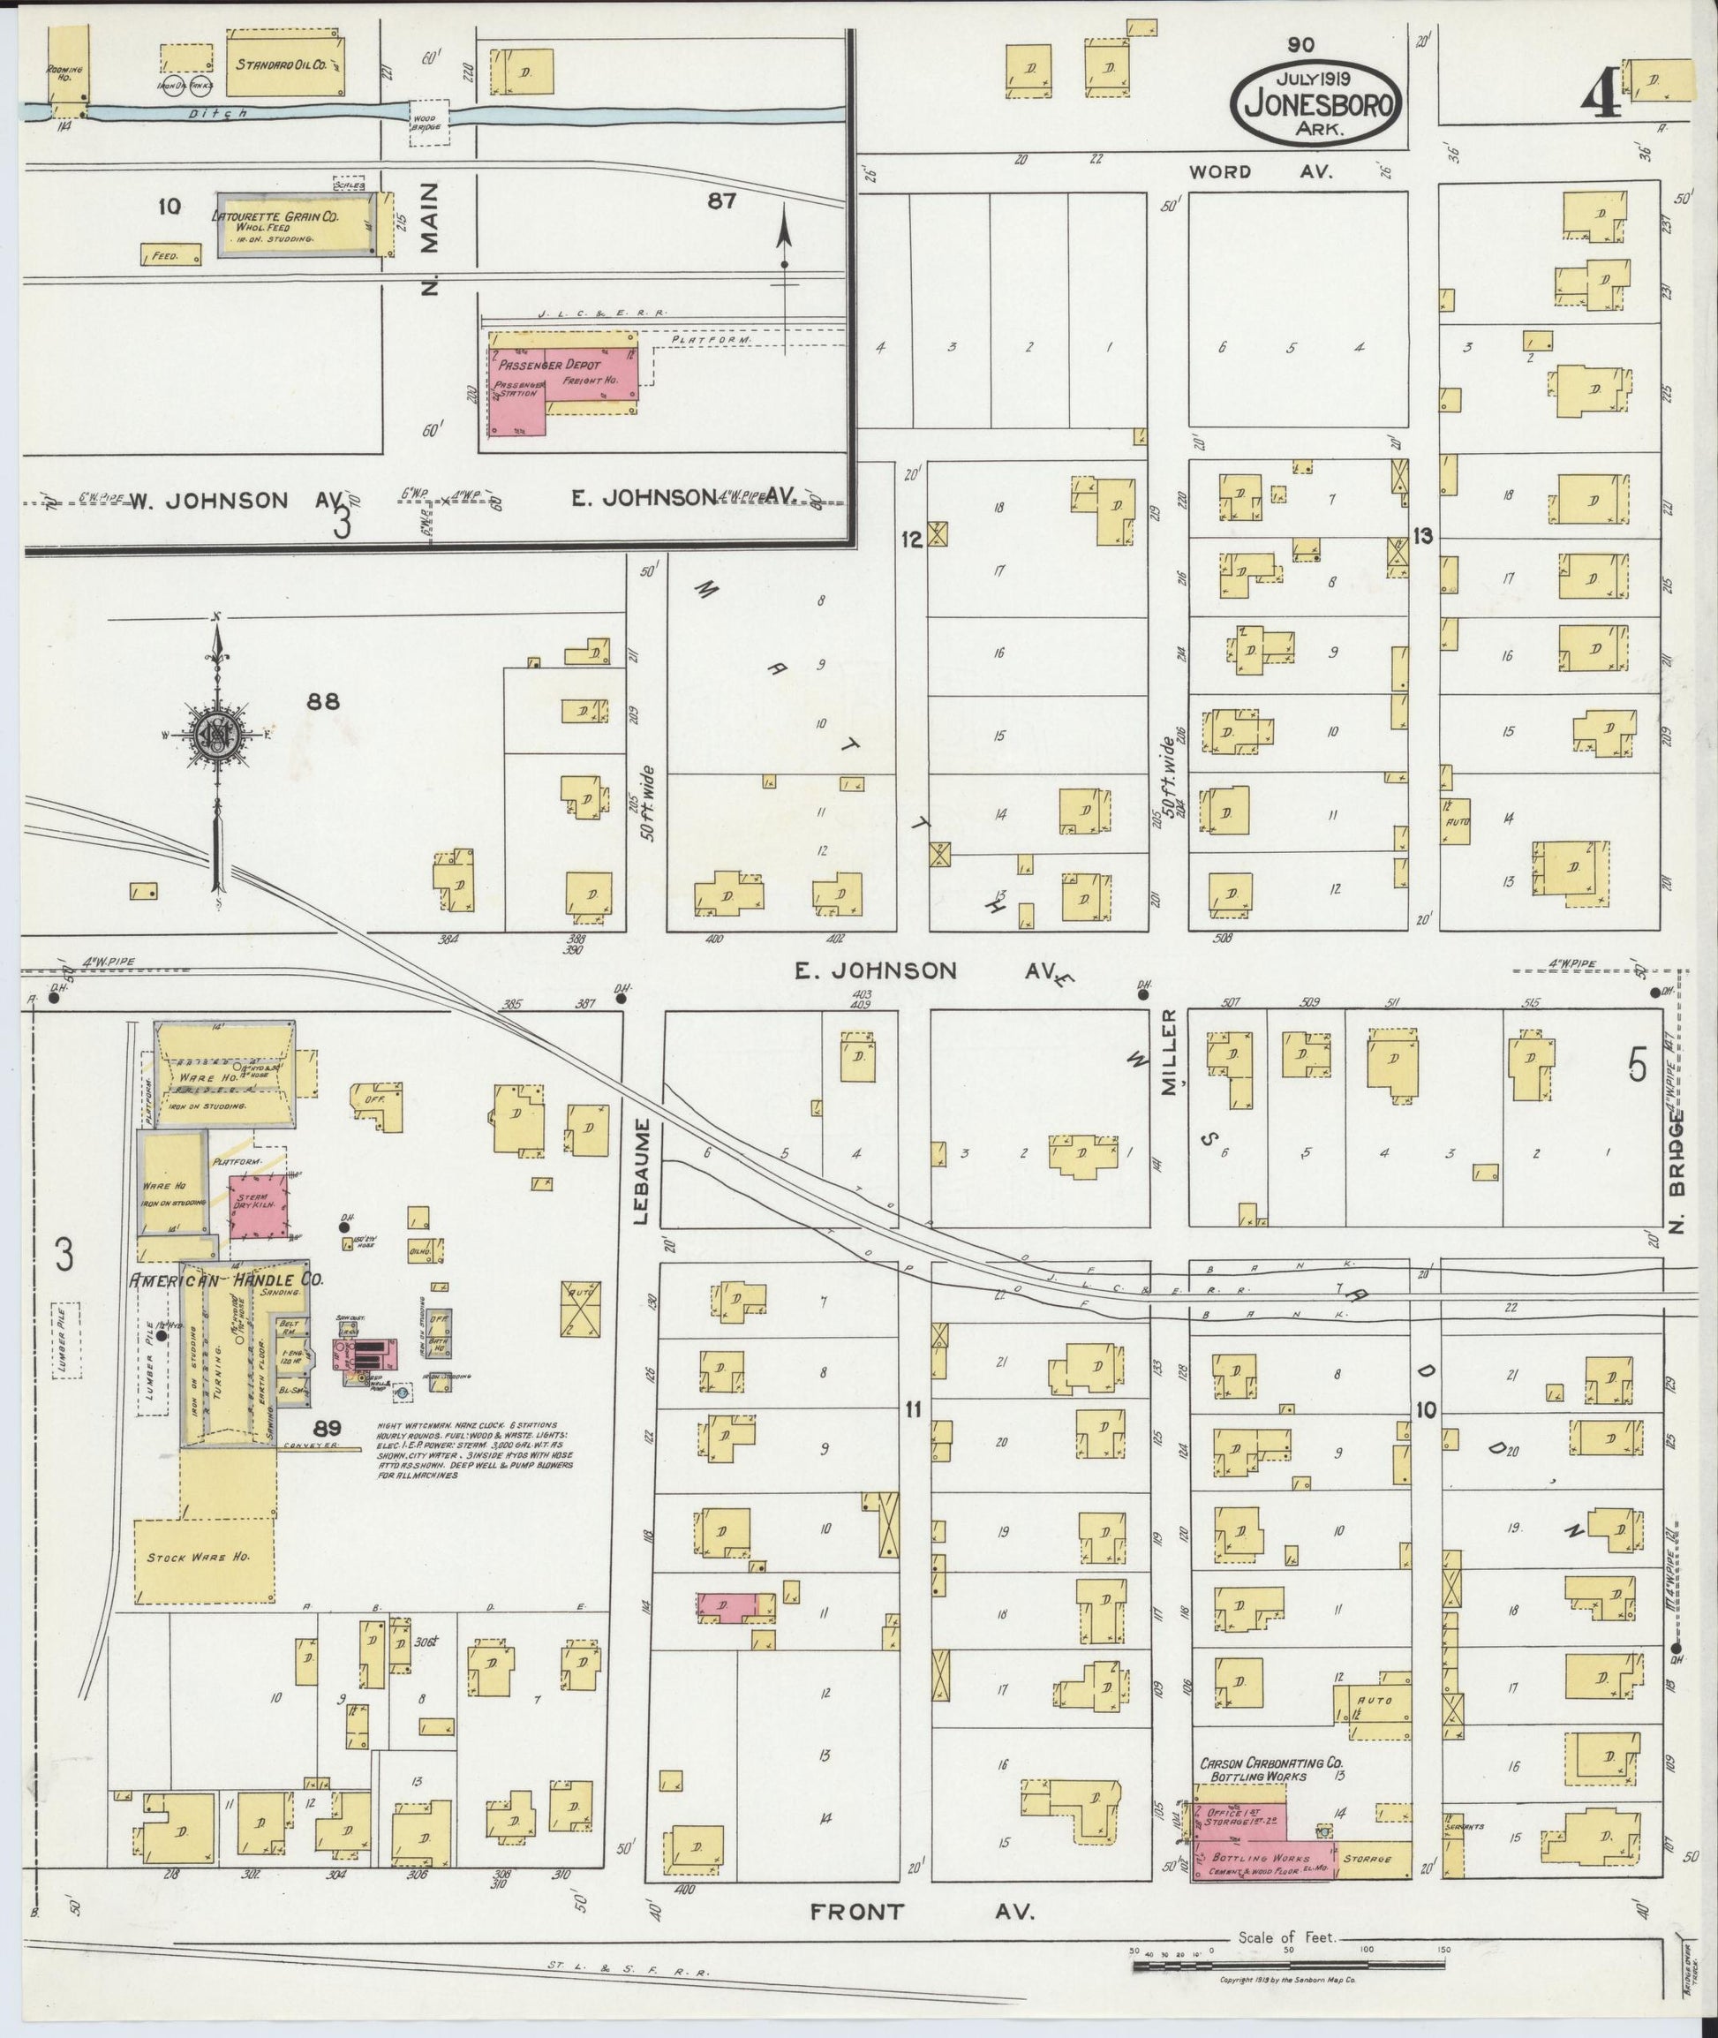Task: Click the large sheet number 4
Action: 1601,94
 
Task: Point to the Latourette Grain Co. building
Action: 293,223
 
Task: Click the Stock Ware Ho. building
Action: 202,1557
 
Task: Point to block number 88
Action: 322,700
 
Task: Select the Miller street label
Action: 1169,1053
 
